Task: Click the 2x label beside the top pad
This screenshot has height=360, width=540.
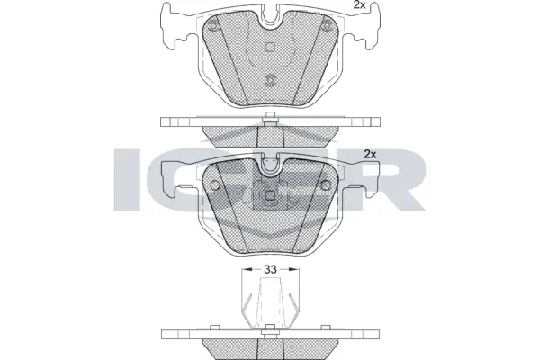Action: click(x=358, y=6)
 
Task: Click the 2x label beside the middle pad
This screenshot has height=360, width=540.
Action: click(x=369, y=153)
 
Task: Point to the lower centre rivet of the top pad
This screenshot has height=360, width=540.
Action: click(x=270, y=79)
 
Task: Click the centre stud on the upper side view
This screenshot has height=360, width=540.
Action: click(x=270, y=114)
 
